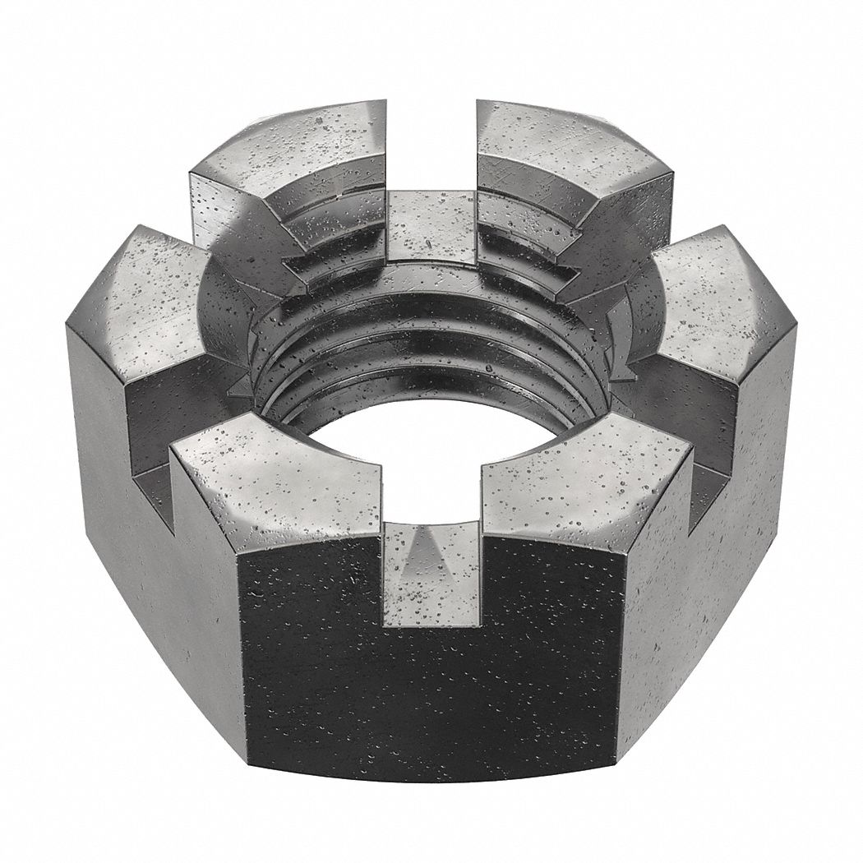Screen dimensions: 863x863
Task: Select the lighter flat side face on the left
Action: pyautogui.click(x=156, y=575)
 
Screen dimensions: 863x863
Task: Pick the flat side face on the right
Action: pyautogui.click(x=707, y=575)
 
